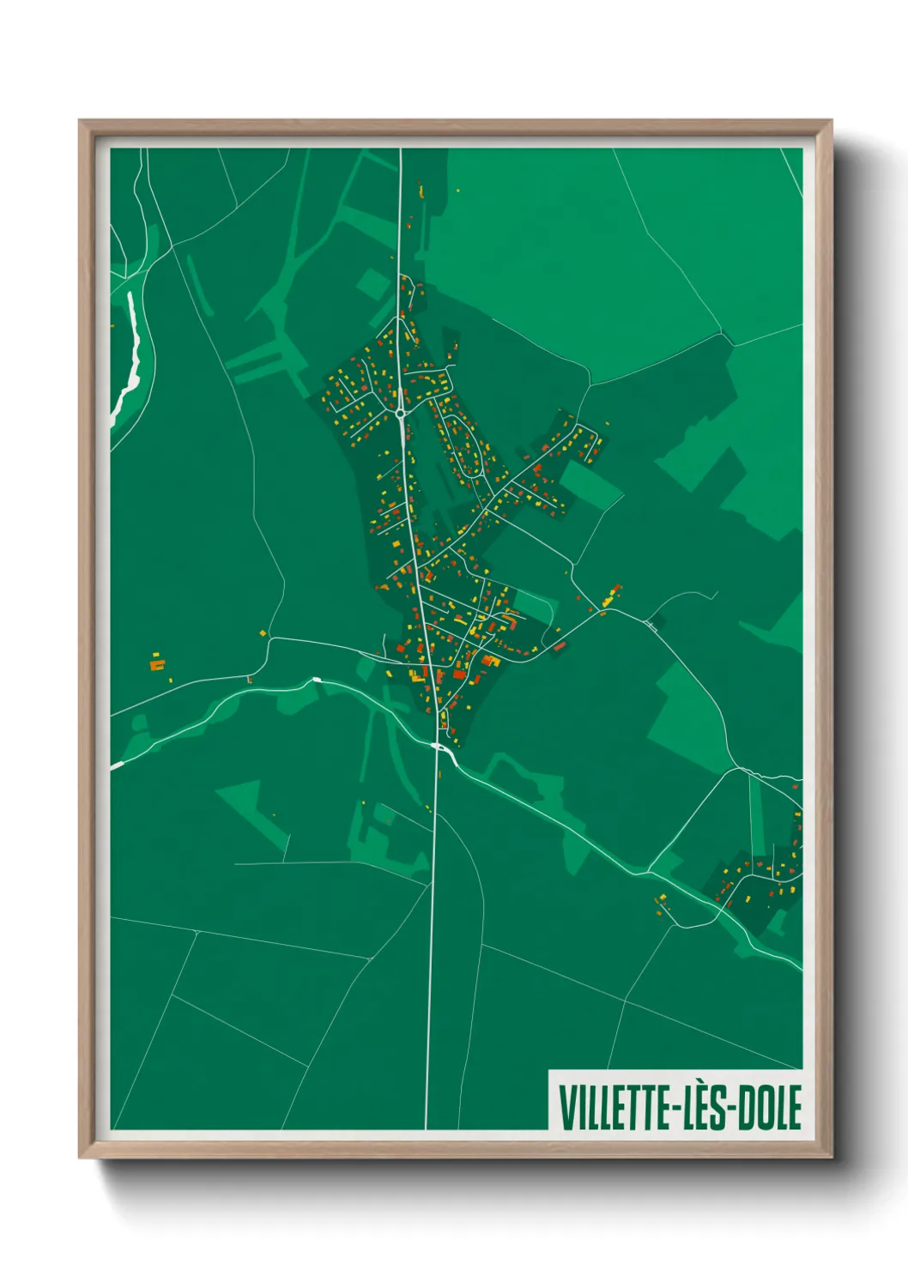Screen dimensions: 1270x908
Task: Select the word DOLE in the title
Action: (x=770, y=1108)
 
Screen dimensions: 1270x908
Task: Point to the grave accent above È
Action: (x=708, y=1087)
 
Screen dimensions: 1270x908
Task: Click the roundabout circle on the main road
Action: (x=401, y=414)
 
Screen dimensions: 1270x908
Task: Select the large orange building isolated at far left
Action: (x=156, y=663)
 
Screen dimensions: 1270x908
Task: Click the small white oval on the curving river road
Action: (x=317, y=680)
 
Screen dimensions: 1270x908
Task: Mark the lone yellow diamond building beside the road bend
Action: (x=263, y=633)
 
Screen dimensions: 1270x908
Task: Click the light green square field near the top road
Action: (x=372, y=284)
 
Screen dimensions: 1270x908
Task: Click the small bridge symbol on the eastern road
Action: (x=651, y=626)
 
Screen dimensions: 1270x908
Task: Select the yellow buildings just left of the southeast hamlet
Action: (x=662, y=900)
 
